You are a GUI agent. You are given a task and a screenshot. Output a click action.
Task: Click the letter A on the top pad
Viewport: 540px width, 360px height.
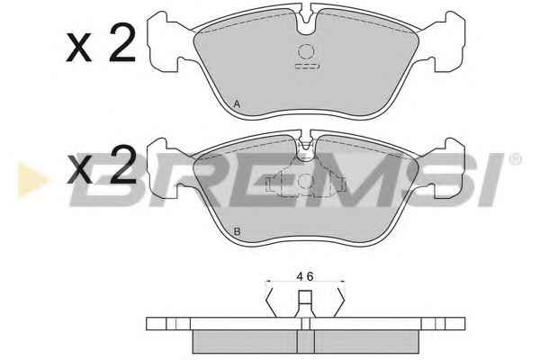237,104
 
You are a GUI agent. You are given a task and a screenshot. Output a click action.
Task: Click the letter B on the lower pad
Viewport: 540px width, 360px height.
237,231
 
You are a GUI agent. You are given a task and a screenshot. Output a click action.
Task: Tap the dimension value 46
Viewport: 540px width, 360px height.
305,276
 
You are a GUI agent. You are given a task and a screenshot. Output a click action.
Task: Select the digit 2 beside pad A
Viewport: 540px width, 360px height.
121,42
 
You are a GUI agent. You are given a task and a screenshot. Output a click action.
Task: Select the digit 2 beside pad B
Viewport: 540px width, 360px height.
121,164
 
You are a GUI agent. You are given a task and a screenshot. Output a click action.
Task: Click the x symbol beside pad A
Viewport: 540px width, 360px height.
79,48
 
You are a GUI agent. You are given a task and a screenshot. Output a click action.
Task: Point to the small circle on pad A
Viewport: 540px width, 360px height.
306,52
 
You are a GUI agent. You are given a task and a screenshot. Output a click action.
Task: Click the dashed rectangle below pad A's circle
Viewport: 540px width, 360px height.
308,66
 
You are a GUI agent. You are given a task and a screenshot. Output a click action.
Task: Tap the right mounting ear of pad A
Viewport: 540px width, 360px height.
446,41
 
